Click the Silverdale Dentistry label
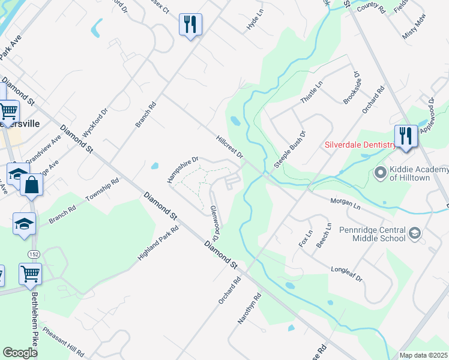(x=359, y=145)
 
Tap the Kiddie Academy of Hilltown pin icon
(x=379, y=173)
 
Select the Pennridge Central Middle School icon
(x=414, y=233)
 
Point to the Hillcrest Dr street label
(x=230, y=147)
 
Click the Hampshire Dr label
(x=182, y=170)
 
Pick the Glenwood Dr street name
(x=215, y=220)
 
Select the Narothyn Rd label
(x=250, y=308)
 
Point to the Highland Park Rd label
(x=158, y=242)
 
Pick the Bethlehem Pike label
(x=34, y=317)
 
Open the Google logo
(x=20, y=353)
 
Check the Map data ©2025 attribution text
(x=423, y=355)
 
